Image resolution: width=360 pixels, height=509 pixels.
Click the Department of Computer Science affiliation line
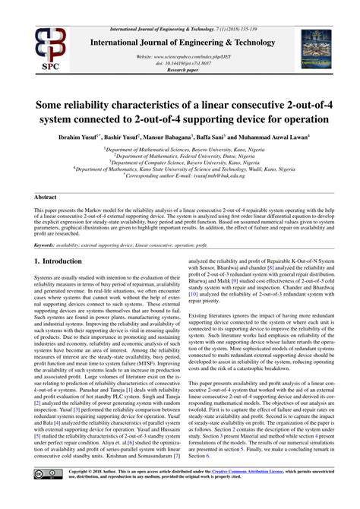point(179,161)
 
